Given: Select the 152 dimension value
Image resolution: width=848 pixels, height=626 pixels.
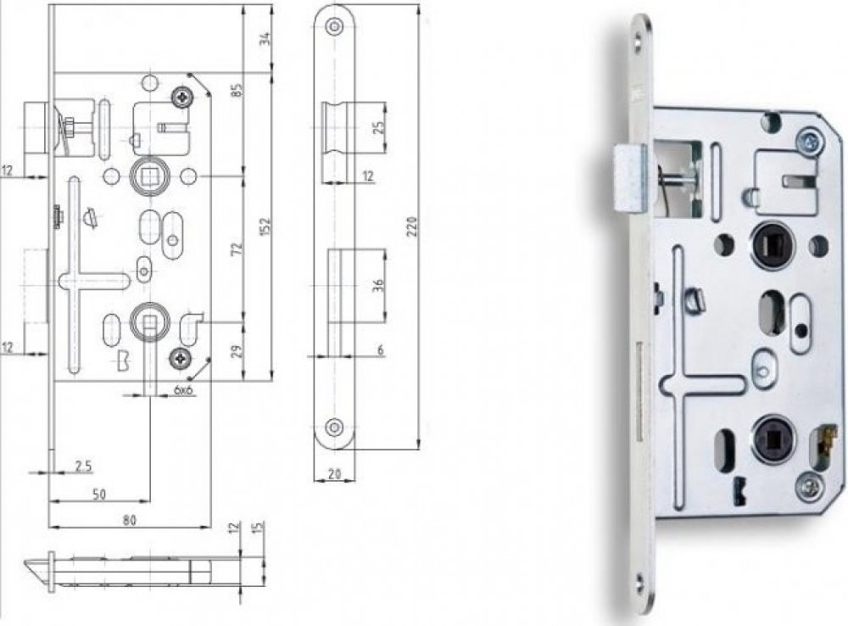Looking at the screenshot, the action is click(x=265, y=227).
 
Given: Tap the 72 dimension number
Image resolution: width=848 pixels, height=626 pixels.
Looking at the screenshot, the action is click(x=237, y=249).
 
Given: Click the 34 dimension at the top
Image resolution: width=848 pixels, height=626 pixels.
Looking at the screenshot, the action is click(x=265, y=39).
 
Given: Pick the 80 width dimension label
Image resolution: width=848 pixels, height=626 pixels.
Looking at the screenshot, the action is click(x=129, y=520).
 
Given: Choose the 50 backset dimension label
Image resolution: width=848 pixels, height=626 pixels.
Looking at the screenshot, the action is click(x=99, y=494).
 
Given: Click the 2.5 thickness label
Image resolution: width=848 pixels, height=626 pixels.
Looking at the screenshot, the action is click(x=83, y=466).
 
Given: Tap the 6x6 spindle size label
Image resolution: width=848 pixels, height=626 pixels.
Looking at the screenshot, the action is click(x=184, y=389).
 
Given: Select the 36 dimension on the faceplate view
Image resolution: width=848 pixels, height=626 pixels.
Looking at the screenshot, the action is click(x=378, y=285).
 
